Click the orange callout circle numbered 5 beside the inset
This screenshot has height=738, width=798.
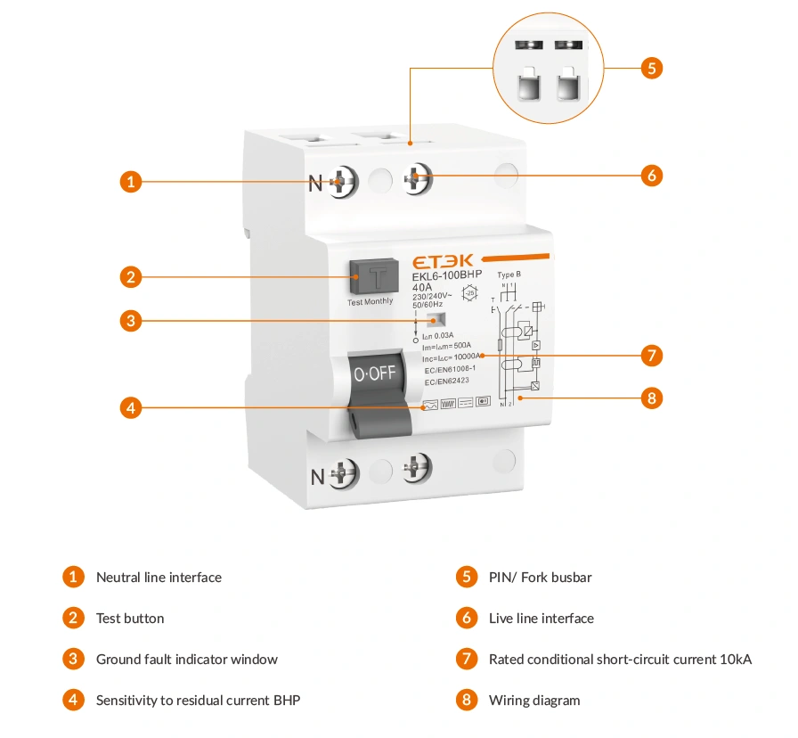[651, 67]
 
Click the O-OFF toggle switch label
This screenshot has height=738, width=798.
[375, 373]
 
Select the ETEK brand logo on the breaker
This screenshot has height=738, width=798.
[443, 261]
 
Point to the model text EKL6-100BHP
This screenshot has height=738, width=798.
[446, 275]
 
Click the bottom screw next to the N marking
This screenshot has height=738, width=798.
[344, 474]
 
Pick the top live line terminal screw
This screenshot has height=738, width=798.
[417, 180]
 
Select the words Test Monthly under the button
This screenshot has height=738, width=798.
[370, 301]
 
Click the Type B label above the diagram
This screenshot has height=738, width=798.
[509, 275]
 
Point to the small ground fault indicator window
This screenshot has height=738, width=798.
[435, 321]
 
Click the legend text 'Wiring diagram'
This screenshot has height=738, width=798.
[534, 701]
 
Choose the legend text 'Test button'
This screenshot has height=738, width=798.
[130, 619]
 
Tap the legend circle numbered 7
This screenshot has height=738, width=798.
[467, 660]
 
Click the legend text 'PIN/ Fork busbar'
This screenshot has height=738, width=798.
[540, 578]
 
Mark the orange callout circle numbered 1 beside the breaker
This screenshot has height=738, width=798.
[131, 182]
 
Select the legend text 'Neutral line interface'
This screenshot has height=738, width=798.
[159, 578]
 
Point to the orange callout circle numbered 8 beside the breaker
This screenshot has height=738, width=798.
[651, 398]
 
